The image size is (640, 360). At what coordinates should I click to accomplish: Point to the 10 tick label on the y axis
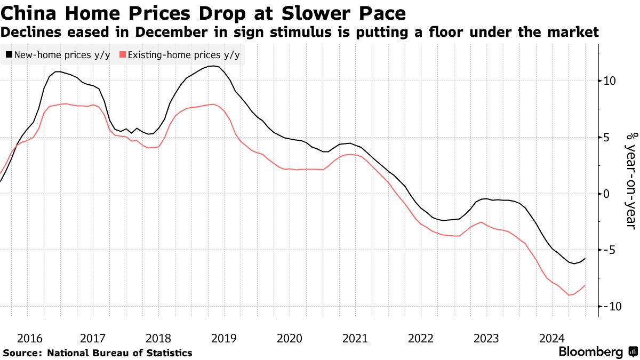[609, 81]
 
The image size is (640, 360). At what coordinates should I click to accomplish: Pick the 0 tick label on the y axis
[606, 194]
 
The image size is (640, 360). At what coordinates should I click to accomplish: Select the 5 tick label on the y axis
[606, 138]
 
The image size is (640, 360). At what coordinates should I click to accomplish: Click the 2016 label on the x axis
[30, 338]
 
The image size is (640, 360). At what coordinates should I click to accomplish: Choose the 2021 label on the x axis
[355, 338]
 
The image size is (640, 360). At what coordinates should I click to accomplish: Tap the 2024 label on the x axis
[551, 338]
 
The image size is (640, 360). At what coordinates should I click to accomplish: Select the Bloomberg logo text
[590, 352]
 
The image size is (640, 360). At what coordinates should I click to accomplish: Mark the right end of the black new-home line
[586, 259]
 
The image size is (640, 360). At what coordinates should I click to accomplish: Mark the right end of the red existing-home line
[586, 285]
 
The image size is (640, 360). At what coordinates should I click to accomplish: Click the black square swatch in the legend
[9, 54]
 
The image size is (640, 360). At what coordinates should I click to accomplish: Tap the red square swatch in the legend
[123, 54]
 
